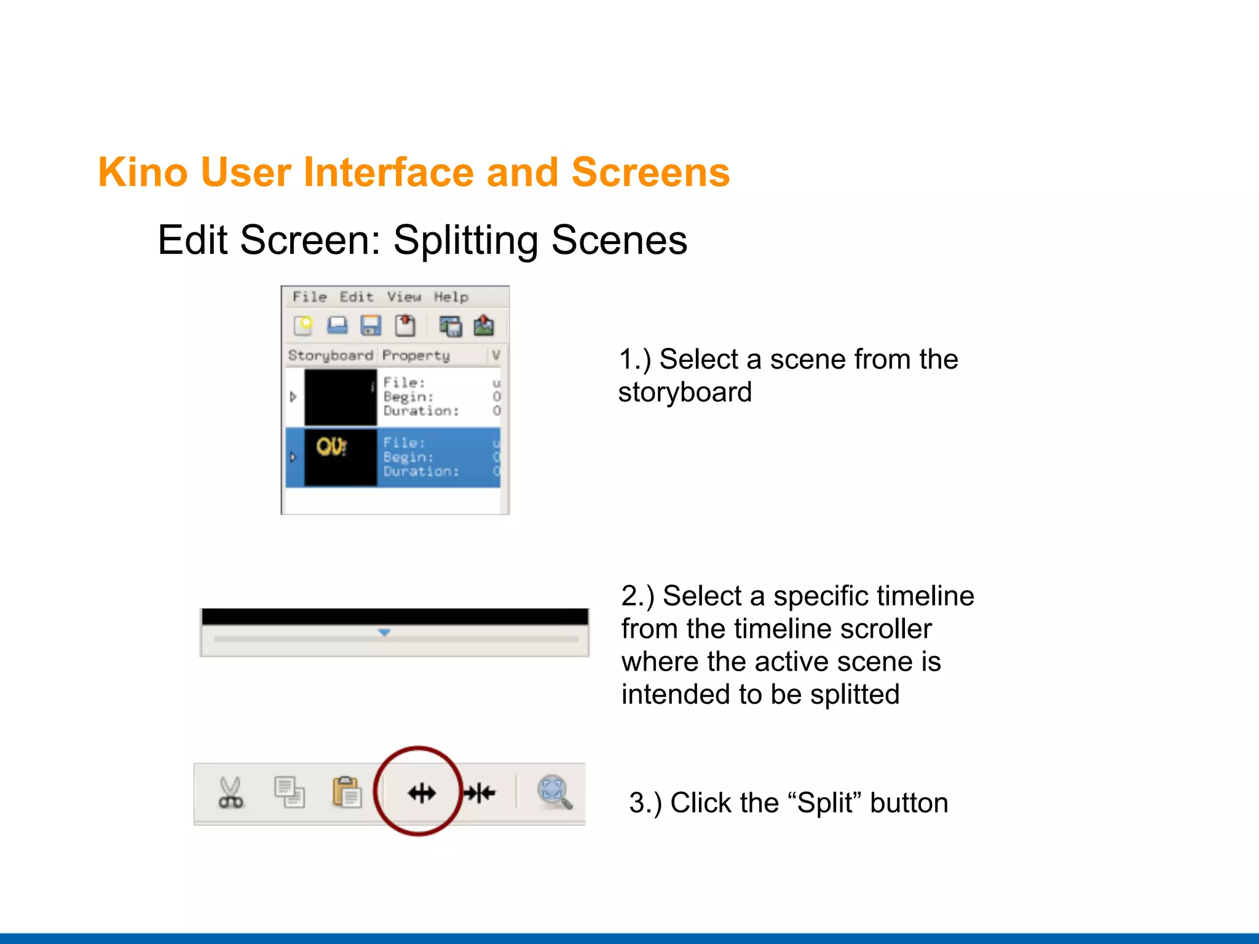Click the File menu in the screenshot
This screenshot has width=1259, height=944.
(309, 297)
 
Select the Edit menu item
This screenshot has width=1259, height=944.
(357, 297)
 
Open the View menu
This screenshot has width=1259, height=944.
(404, 297)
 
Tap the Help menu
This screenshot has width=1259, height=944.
(451, 297)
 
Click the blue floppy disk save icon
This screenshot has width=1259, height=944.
(371, 325)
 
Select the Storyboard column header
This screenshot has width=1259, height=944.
(330, 355)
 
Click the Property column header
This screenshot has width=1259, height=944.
(416, 355)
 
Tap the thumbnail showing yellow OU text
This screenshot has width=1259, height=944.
(340, 457)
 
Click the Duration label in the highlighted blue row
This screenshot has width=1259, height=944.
(420, 471)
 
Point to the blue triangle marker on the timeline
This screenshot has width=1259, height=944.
(384, 632)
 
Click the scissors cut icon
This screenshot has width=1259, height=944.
(231, 792)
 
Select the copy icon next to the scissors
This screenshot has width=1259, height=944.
(289, 792)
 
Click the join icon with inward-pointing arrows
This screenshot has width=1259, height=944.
(480, 793)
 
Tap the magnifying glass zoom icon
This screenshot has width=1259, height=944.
(555, 792)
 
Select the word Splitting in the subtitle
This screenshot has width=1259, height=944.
(466, 240)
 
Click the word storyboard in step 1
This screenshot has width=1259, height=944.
(685, 392)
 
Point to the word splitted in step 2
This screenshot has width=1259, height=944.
(854, 694)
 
